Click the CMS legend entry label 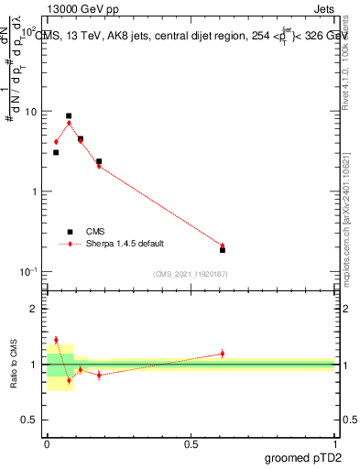(95, 232)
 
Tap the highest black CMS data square (69, 116)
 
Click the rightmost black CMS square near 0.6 (223, 250)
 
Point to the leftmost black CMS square (56, 152)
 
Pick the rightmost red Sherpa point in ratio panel (223, 353)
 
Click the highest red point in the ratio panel (56, 340)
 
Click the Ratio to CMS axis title (14, 364)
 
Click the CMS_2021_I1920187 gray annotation (191, 274)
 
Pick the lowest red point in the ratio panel (69, 380)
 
